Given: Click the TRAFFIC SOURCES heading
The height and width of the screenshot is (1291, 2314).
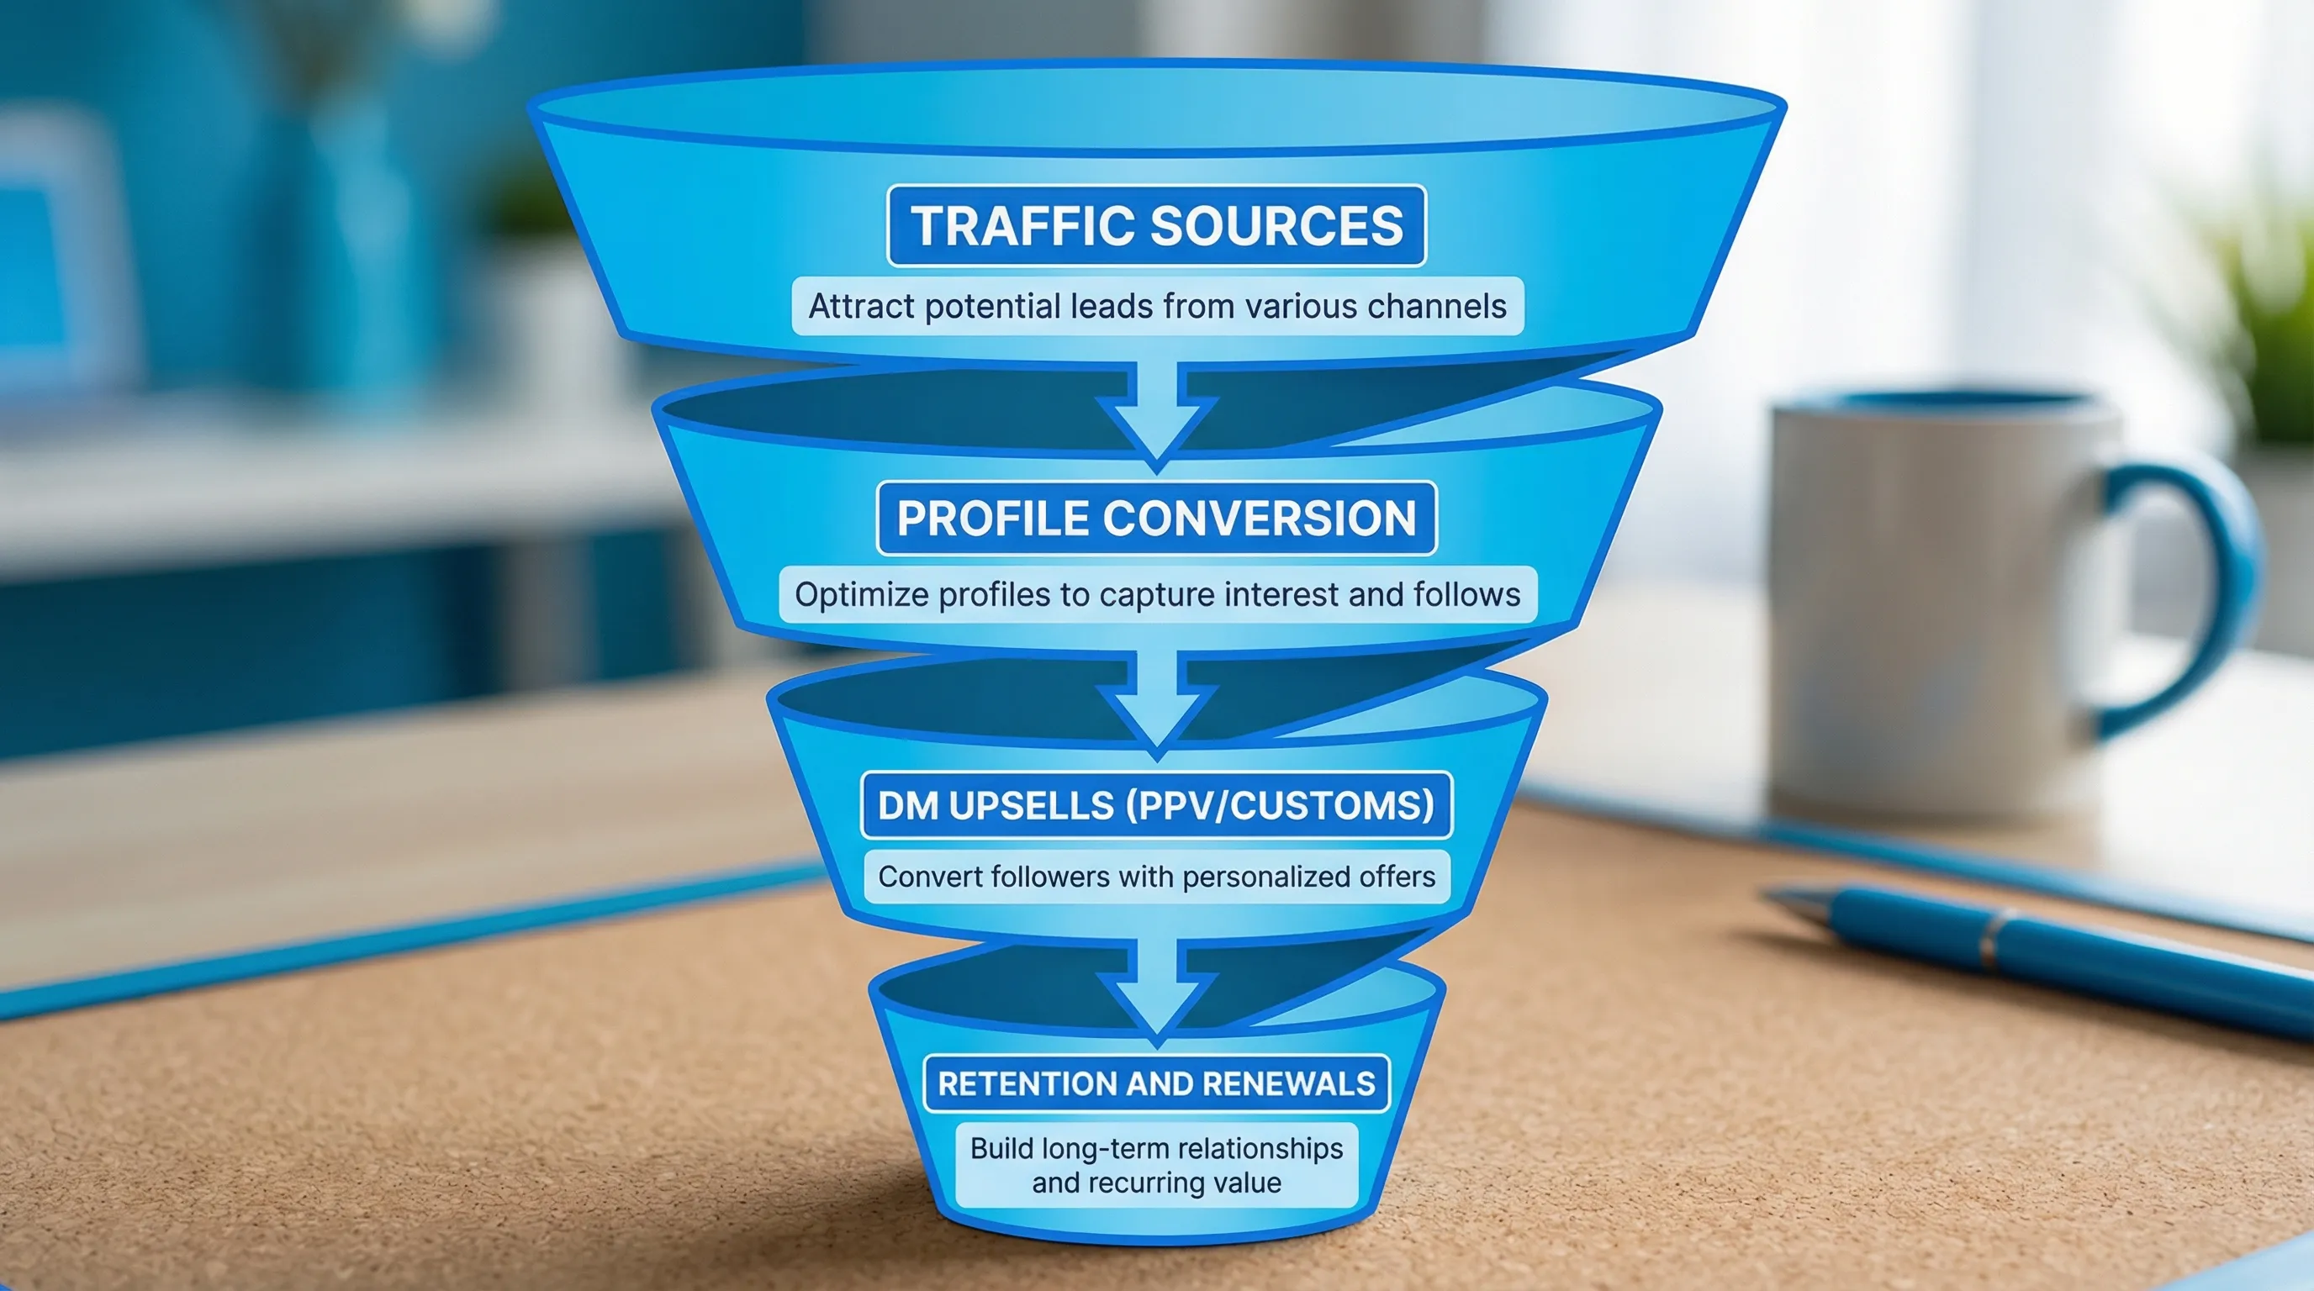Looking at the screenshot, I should click(1156, 225).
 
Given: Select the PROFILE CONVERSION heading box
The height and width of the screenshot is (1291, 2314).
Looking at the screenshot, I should click(1156, 518).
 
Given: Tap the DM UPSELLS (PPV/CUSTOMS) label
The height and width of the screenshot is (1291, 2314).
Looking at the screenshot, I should click(1156, 805).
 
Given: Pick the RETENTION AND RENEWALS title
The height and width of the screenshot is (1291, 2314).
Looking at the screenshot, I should click(1156, 1083).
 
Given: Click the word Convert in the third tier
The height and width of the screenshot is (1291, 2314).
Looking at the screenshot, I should click(930, 877).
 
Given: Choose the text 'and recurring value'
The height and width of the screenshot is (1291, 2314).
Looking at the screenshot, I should click(1156, 1183).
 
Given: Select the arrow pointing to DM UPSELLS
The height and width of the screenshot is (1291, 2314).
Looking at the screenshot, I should click(1157, 704).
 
